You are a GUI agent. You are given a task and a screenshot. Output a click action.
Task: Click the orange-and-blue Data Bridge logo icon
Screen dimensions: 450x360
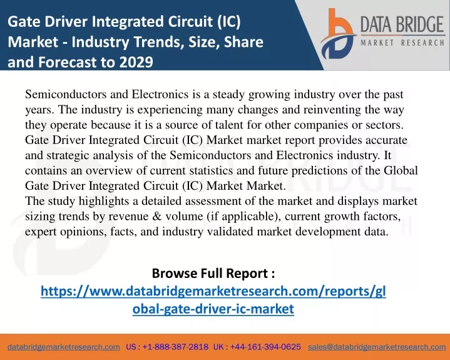click(339, 34)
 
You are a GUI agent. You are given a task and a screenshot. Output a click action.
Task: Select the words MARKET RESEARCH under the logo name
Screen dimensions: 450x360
click(402, 43)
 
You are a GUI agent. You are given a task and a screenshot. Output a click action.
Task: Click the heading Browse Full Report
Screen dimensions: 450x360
click(213, 273)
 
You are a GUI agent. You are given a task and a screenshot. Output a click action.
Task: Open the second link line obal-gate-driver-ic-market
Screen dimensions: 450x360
click(213, 309)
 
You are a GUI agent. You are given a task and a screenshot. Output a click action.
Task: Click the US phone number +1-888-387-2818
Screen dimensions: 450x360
click(175, 347)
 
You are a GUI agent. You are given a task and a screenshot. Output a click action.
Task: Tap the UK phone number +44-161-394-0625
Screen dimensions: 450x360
click(265, 347)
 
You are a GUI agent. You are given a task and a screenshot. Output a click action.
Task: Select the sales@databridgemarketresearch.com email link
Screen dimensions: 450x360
click(377, 347)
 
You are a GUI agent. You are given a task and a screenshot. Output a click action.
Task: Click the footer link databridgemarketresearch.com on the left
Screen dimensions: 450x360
click(64, 347)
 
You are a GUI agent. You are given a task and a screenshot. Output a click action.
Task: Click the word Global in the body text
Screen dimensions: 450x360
click(401, 170)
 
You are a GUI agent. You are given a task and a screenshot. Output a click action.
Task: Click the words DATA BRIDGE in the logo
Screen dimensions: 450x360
click(402, 24)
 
